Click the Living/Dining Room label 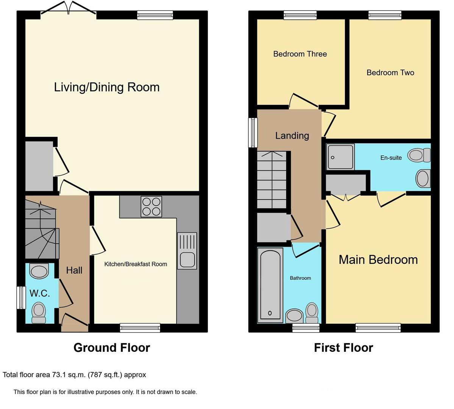(x=107, y=87)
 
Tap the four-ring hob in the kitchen (x=151, y=206)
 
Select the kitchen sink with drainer (x=187, y=251)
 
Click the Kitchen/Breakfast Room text (x=136, y=264)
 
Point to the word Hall (x=74, y=270)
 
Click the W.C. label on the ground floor (x=40, y=293)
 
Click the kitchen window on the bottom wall (x=140, y=328)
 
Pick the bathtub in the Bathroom (x=270, y=284)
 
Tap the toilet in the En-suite (x=419, y=155)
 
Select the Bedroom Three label (x=300, y=54)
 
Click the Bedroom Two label (x=390, y=72)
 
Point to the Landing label (x=292, y=136)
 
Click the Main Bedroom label (x=378, y=259)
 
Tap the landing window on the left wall (x=253, y=133)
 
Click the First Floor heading (x=343, y=347)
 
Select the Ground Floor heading (x=112, y=347)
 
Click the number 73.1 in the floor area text (x=58, y=375)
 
